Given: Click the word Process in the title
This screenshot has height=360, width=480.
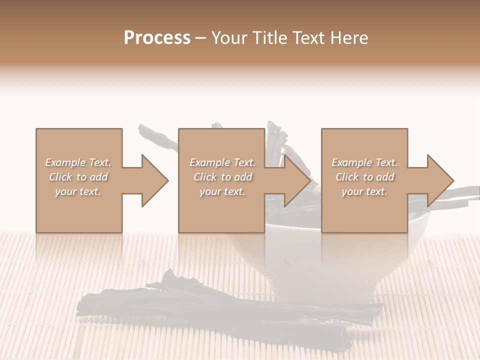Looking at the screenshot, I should [157, 38].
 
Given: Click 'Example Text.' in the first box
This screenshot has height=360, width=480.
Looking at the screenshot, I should [78, 162].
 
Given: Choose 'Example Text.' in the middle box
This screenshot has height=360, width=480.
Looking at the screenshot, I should [222, 162].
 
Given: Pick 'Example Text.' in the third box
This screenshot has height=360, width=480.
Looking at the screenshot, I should [364, 162].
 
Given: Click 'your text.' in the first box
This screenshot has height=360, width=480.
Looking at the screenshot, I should [78, 191].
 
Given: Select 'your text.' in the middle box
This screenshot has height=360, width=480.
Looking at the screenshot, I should [222, 191].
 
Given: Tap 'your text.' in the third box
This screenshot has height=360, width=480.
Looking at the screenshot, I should [364, 191].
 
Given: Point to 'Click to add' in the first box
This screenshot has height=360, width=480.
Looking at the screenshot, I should [78, 177].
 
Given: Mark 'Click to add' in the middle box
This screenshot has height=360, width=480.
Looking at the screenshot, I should [222, 177].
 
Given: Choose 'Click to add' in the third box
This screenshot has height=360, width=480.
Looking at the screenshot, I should [364, 177].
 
